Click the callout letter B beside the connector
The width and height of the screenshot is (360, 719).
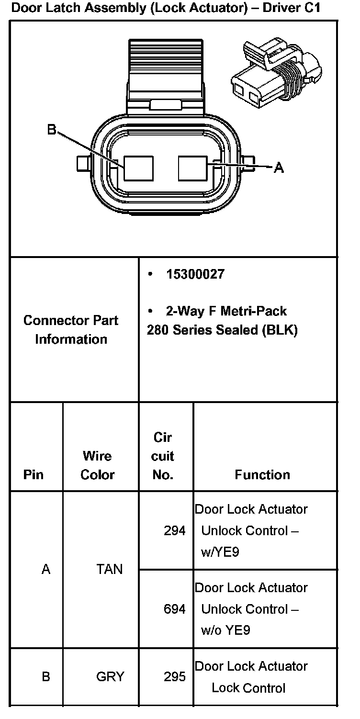[x=52, y=130]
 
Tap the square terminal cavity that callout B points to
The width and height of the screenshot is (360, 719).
[x=138, y=168]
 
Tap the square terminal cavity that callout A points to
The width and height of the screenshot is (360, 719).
[x=192, y=168]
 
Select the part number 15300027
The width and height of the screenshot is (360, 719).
[x=195, y=275]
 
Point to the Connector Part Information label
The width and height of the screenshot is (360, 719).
[x=71, y=330]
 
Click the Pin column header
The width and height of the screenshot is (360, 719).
[x=33, y=474]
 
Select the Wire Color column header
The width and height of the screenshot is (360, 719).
[x=98, y=465]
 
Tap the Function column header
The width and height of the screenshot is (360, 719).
[x=262, y=474]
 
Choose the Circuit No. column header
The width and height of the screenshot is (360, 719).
[x=163, y=456]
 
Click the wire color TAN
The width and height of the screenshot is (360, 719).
[x=109, y=569]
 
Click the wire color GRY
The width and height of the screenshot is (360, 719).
[x=110, y=677]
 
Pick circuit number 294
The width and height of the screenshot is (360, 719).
[x=175, y=530]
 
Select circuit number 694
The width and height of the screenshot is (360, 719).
[x=175, y=609]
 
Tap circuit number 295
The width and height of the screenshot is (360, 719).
[x=175, y=677]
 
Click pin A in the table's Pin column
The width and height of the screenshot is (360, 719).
[x=46, y=569]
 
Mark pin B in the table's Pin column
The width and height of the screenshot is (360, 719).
[x=46, y=677]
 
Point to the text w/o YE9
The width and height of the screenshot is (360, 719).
[x=225, y=630]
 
